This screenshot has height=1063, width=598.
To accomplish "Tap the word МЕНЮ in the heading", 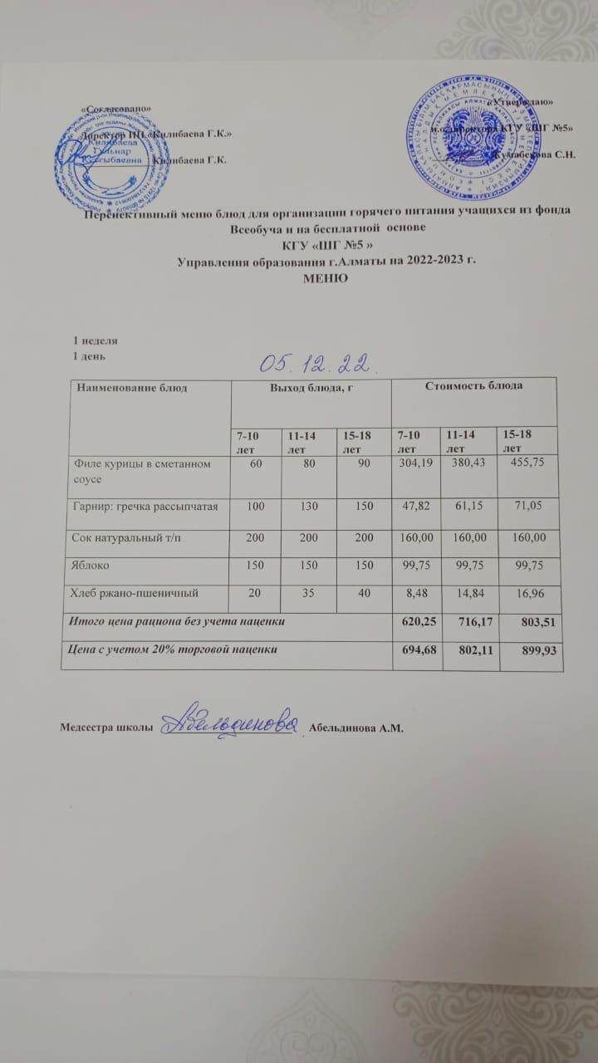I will (327, 278).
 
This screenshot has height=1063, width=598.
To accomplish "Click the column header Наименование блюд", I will (132, 387).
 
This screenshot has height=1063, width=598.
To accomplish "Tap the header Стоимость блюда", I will (473, 386).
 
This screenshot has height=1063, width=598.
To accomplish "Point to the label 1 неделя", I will (96, 340).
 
